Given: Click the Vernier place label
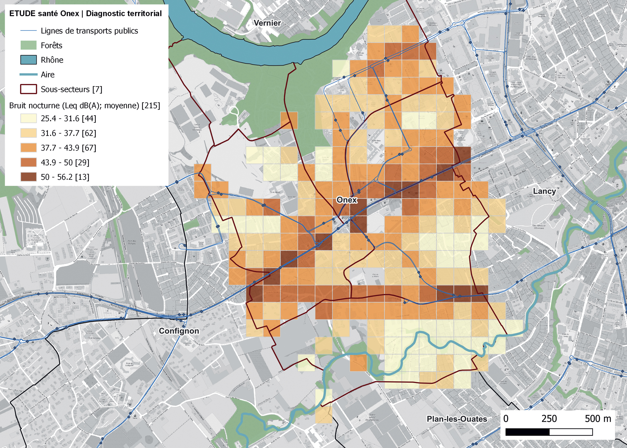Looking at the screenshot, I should [x=267, y=23].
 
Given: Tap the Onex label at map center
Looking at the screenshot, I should [x=346, y=200].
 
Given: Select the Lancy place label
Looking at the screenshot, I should [x=544, y=191].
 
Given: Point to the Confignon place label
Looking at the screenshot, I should [x=179, y=331].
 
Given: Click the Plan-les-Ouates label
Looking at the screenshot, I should [x=457, y=419].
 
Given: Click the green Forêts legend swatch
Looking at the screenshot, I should [x=29, y=45].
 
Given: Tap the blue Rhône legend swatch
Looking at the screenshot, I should [x=29, y=60].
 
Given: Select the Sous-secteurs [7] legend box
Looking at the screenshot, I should [x=29, y=89].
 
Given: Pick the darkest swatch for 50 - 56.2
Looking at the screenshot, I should [x=29, y=177].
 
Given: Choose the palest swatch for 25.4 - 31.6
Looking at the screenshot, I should [x=29, y=118].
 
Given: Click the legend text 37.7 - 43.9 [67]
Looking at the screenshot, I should [x=68, y=148].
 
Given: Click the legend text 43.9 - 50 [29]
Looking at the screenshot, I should [x=65, y=163].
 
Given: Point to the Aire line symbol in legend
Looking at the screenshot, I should [x=29, y=75].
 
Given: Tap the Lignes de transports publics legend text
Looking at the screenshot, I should [x=89, y=31].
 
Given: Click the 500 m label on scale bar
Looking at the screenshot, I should [x=598, y=419].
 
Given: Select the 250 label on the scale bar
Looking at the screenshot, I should [x=549, y=419].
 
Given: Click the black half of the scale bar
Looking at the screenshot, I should [x=527, y=432].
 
